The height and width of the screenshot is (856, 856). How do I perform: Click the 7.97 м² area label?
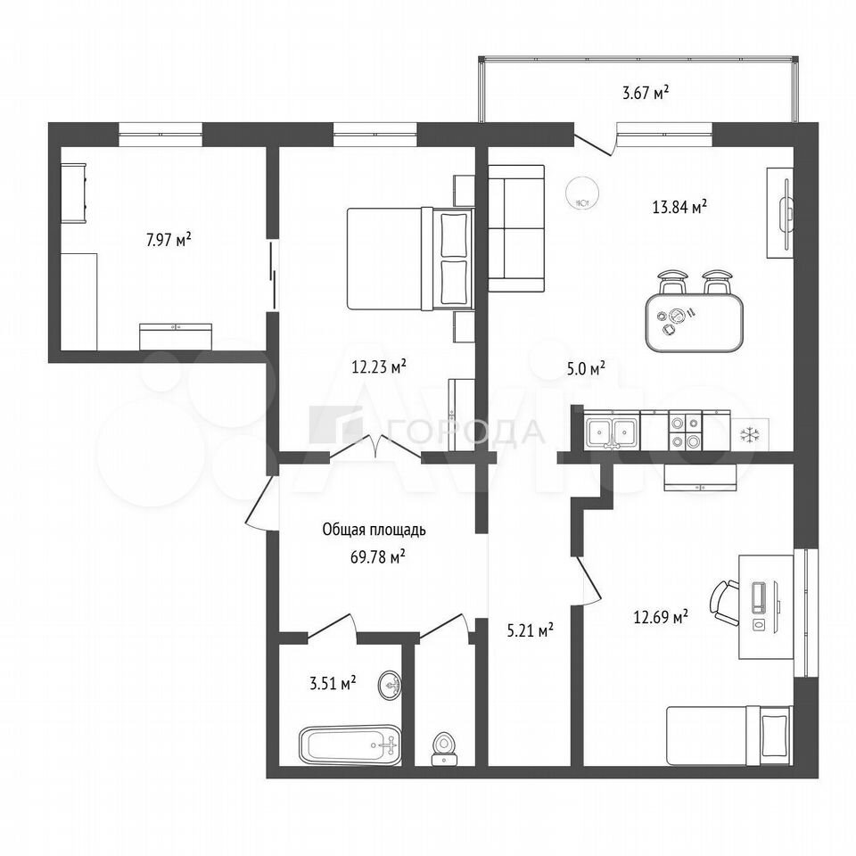[x=169, y=240]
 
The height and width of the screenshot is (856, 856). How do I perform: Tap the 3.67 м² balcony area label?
[x=646, y=92]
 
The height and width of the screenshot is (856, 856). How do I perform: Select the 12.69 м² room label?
[x=661, y=617]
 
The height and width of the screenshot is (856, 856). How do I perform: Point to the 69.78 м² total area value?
[x=378, y=556]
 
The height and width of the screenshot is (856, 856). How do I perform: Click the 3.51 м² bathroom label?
[x=333, y=683]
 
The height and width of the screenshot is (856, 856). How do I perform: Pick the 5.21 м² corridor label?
[x=531, y=631]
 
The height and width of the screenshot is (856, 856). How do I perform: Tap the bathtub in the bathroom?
[x=350, y=745]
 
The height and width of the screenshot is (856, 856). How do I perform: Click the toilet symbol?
[x=444, y=749]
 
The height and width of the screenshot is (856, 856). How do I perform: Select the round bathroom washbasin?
[x=390, y=684]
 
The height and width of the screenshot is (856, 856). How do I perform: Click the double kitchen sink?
[x=612, y=431]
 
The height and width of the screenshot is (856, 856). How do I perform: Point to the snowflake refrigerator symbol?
[x=750, y=435]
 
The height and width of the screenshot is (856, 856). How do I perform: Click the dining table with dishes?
[x=694, y=323]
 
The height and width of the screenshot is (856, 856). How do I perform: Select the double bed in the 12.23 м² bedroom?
[x=410, y=259]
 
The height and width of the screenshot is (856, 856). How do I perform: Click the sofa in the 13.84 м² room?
[x=516, y=228]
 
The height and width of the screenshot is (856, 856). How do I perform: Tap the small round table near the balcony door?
[x=582, y=194]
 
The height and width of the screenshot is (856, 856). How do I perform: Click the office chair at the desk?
[x=723, y=604]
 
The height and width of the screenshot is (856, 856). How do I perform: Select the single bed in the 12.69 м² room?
[x=729, y=736]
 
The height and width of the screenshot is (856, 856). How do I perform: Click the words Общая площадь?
[x=374, y=530]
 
